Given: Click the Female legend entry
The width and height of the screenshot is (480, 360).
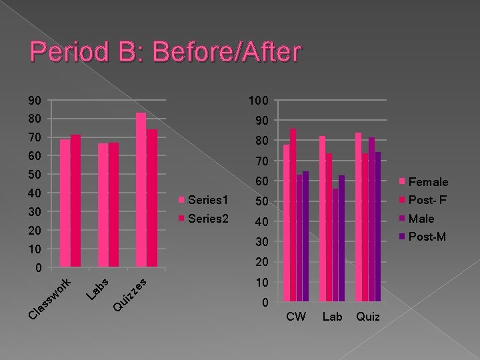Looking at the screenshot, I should click(427, 181).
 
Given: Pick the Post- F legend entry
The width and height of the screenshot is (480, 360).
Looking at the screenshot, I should click(427, 200).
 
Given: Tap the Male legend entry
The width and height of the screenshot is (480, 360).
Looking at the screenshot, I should click(421, 218).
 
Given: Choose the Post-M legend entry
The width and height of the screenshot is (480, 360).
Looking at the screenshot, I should click(427, 236).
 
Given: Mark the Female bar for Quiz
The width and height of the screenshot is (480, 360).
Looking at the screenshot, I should click(358, 217).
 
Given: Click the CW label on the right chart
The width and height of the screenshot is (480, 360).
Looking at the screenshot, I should click(295, 317).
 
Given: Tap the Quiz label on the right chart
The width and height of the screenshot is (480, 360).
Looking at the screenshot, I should click(368, 317).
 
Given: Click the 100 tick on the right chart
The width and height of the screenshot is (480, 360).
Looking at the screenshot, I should click(258, 101).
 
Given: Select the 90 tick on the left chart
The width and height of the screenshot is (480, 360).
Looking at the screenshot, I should click(35, 101).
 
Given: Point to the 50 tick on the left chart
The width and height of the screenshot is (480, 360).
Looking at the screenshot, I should click(35, 175).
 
